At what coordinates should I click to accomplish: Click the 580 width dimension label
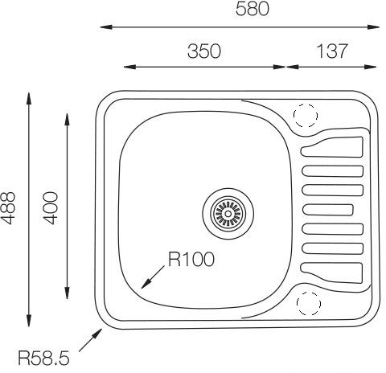coord(253,9)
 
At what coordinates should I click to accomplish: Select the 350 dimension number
coord(204,51)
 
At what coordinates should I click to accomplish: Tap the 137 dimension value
coord(332,51)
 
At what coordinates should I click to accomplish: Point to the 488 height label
coord(8,208)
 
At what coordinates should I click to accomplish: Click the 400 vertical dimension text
coord(51,208)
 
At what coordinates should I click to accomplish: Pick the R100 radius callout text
coord(191,260)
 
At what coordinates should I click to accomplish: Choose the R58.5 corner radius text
coord(43,358)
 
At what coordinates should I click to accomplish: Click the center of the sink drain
coord(228,214)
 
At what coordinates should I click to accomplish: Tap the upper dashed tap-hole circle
coord(306,116)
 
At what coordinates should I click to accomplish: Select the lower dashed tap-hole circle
coord(309,303)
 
